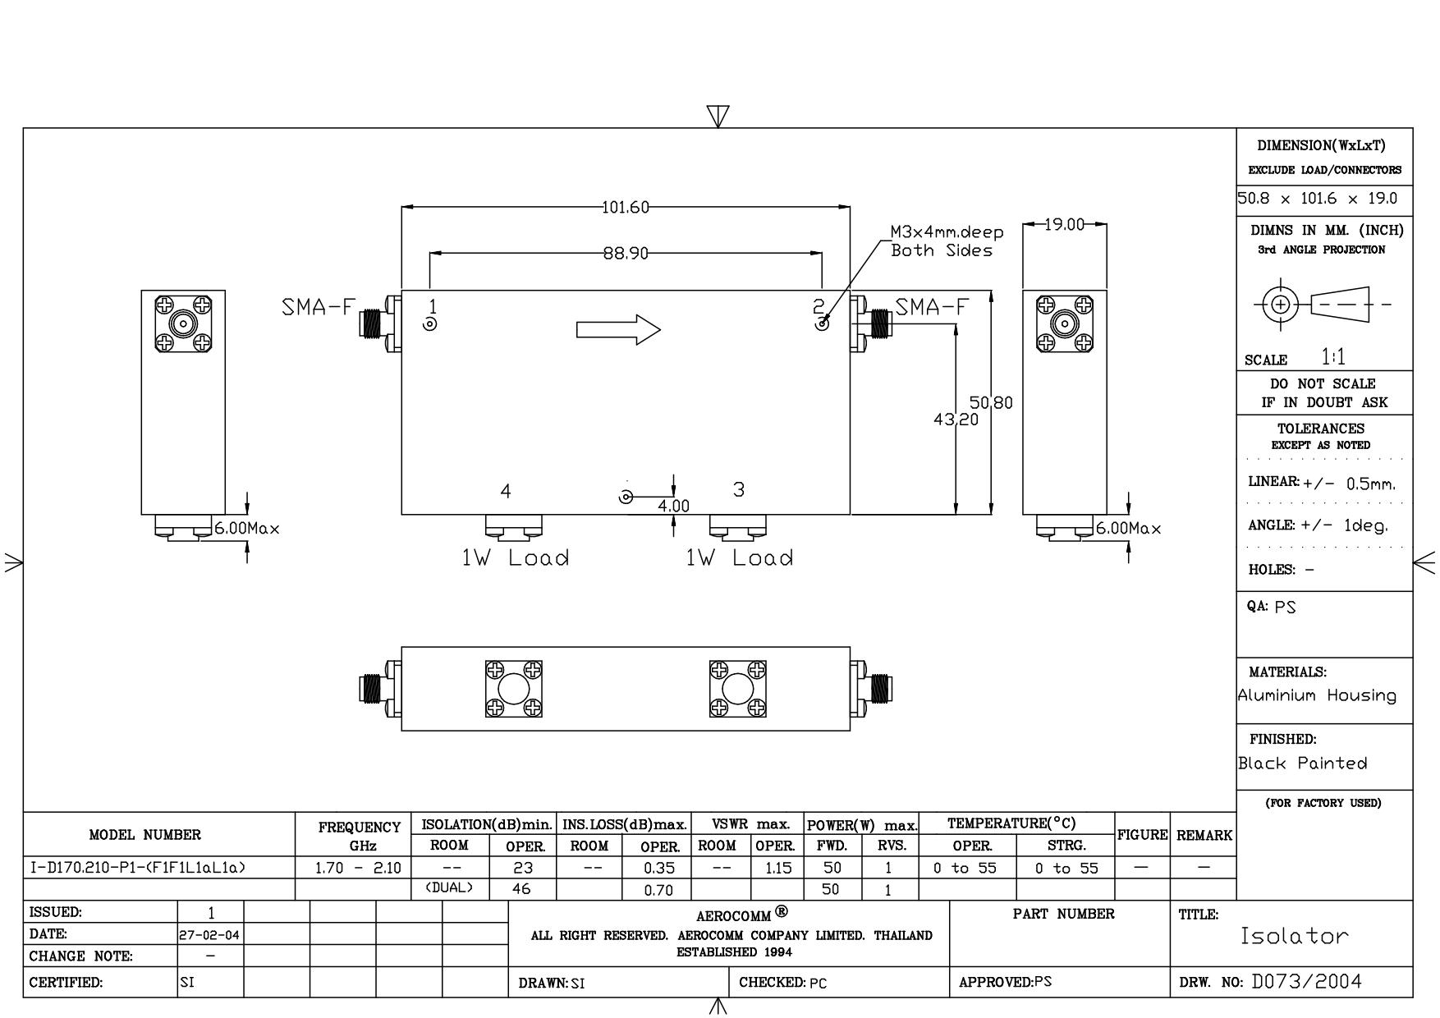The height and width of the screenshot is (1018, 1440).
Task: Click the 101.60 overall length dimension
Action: pyautogui.click(x=626, y=208)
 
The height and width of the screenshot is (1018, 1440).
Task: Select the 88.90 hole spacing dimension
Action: pyautogui.click(x=626, y=254)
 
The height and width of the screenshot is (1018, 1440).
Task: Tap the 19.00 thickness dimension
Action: pyautogui.click(x=1065, y=224)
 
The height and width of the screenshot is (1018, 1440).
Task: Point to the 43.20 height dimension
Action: pyautogui.click(x=956, y=420)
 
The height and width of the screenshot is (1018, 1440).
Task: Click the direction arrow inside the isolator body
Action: pyautogui.click(x=618, y=330)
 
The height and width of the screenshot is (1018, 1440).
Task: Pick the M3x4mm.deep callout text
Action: pyautogui.click(x=947, y=232)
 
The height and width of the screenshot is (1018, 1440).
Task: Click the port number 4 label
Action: pyautogui.click(x=506, y=491)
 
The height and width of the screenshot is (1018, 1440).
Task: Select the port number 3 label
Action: pyautogui.click(x=739, y=489)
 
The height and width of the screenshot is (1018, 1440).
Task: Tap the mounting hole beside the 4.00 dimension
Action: pyautogui.click(x=626, y=497)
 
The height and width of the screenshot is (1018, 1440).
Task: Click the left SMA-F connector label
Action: pyautogui.click(x=319, y=308)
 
